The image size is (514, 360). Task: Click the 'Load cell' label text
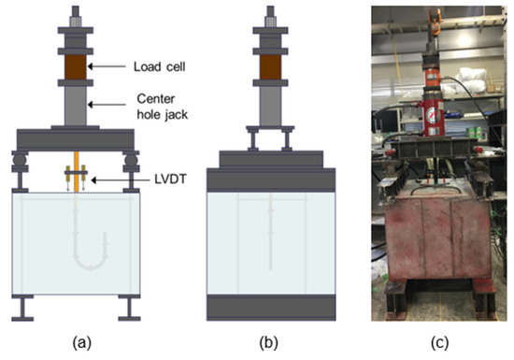click(159, 66)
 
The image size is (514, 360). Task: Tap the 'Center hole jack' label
click(163, 107)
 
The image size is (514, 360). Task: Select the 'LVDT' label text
click(170, 180)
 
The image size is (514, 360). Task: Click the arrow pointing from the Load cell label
click(107, 66)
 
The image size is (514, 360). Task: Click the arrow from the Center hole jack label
click(107, 105)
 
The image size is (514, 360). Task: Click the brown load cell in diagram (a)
click(76, 67)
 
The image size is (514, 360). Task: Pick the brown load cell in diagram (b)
click(270, 67)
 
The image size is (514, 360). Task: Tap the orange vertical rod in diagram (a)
click(76, 171)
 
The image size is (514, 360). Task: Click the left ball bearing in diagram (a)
click(20, 160)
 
